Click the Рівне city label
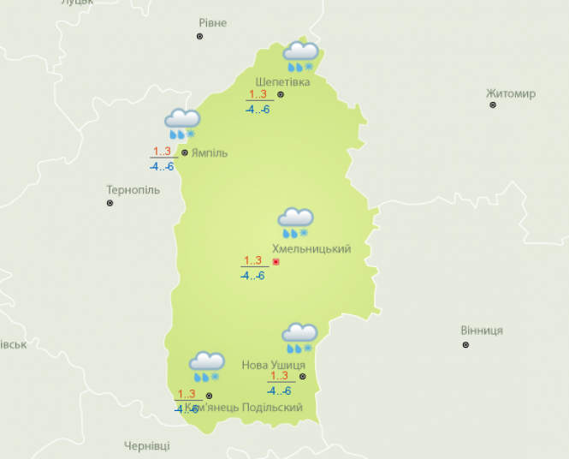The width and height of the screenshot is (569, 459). point(212,23)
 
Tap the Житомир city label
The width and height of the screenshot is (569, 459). point(510,93)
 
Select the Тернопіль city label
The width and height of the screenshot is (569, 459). point(133,189)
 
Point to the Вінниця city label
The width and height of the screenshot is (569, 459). point(481,331)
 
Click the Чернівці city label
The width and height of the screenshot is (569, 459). point(146,446)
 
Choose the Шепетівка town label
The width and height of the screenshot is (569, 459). point(282,82)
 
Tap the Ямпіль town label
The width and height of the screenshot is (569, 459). point(210,153)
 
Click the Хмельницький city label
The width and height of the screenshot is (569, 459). point(311,249)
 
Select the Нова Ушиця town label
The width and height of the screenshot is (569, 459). point(273,365)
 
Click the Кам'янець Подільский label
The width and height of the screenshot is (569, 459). point(248,408)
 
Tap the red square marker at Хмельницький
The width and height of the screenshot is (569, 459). point(276,262)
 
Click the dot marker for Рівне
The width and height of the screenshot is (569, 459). point(200,37)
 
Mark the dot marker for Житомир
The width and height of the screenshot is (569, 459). point(493,105)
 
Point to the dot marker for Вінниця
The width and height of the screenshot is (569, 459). point(465,344)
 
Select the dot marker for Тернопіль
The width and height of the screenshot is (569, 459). point(110,203)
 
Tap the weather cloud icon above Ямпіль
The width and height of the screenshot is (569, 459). point(182,124)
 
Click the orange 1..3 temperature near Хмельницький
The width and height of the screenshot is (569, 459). point(252,260)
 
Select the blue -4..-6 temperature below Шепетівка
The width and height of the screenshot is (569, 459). point(258,110)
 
